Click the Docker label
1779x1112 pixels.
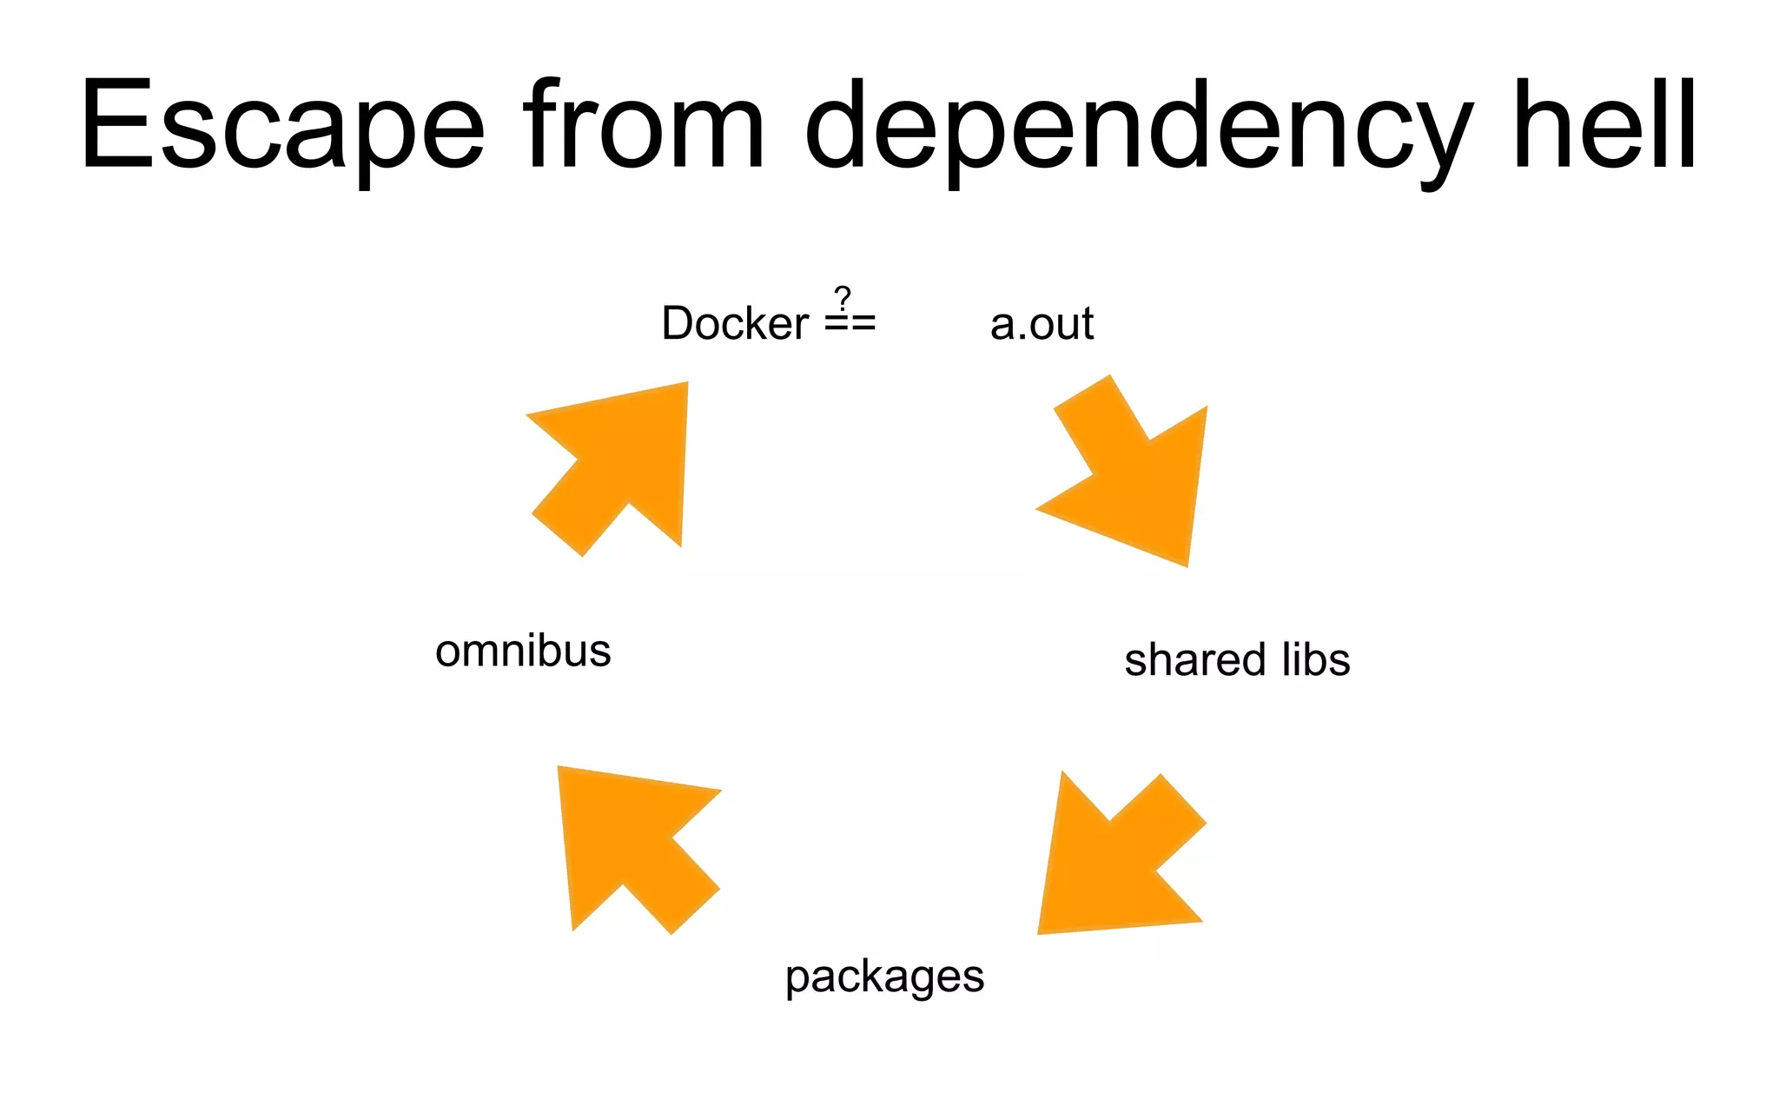(x=735, y=323)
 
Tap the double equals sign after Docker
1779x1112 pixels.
(x=850, y=324)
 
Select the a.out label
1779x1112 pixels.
(x=1042, y=324)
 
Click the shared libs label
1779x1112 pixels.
(x=1237, y=660)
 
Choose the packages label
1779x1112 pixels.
(x=884, y=977)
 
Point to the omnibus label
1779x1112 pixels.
(x=523, y=651)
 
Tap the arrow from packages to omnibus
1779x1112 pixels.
(x=633, y=846)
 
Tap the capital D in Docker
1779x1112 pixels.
(x=677, y=323)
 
